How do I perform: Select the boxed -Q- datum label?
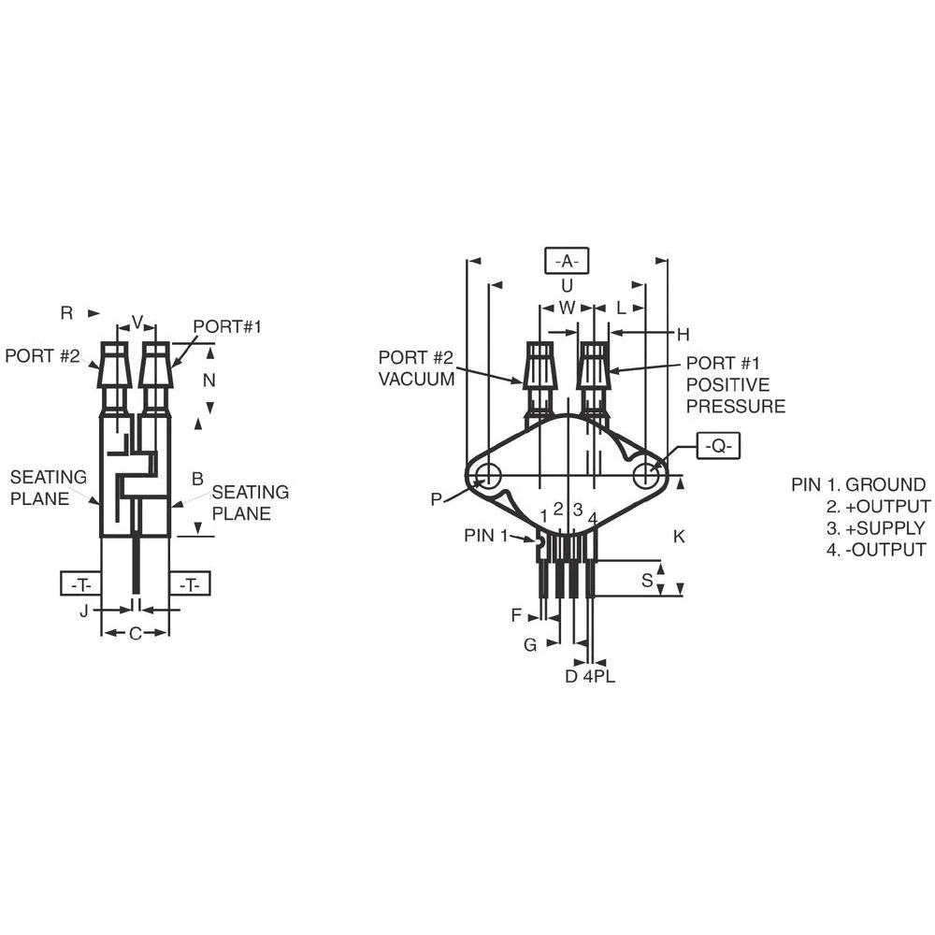click(x=718, y=447)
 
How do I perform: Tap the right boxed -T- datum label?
click(x=190, y=584)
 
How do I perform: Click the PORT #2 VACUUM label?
click(x=416, y=368)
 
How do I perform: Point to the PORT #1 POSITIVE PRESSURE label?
click(x=735, y=384)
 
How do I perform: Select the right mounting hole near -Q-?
click(x=646, y=476)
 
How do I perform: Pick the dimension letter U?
click(x=567, y=286)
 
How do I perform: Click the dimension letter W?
click(x=567, y=308)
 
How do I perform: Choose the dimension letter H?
click(x=683, y=334)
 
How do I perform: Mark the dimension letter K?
click(x=679, y=537)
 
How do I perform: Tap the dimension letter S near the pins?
click(x=647, y=581)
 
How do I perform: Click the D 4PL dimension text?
click(x=589, y=676)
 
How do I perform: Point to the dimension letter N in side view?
click(x=209, y=381)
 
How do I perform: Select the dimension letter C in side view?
click(x=135, y=634)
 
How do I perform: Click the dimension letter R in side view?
click(x=66, y=313)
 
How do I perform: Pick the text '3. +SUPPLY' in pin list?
click(x=875, y=528)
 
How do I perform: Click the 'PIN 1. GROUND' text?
click(x=857, y=484)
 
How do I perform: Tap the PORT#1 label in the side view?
click(x=227, y=326)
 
